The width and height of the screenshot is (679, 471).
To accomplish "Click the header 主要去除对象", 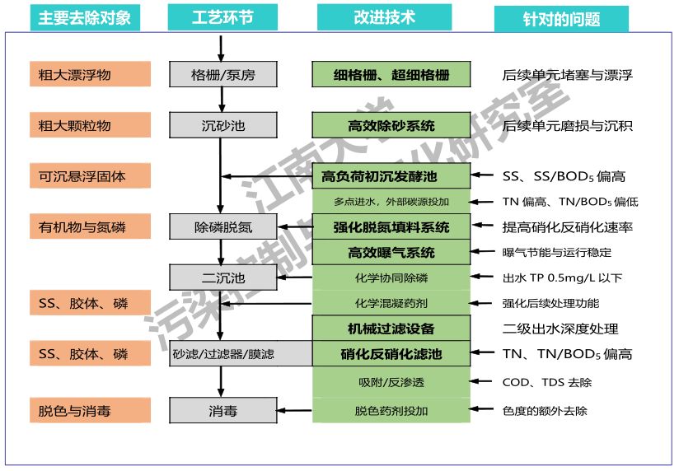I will (x=85, y=17).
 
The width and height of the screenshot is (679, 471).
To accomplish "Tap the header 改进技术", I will (x=385, y=17).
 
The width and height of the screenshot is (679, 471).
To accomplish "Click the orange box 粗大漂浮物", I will (x=90, y=74).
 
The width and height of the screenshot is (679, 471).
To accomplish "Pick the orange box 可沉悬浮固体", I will (x=90, y=175).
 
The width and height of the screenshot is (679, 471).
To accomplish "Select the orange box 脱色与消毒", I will (x=90, y=410).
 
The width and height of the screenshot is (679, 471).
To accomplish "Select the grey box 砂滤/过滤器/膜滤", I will (x=222, y=354).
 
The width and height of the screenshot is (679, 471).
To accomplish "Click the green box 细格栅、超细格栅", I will (x=391, y=74).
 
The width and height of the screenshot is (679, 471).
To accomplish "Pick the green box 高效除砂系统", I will (x=391, y=125).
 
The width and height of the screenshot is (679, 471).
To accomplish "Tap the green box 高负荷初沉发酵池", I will (x=391, y=176).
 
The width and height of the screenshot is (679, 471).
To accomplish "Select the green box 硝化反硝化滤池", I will (x=391, y=354).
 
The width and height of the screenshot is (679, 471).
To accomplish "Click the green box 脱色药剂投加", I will (x=391, y=410).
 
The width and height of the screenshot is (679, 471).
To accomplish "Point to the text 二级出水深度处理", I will (x=560, y=329).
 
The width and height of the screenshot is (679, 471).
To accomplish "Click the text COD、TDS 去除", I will (x=546, y=382).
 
